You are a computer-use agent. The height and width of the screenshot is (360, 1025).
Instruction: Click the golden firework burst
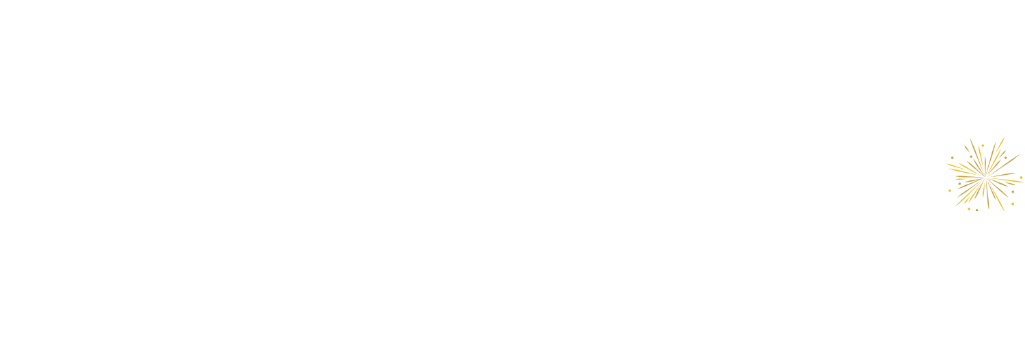(984, 174)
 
